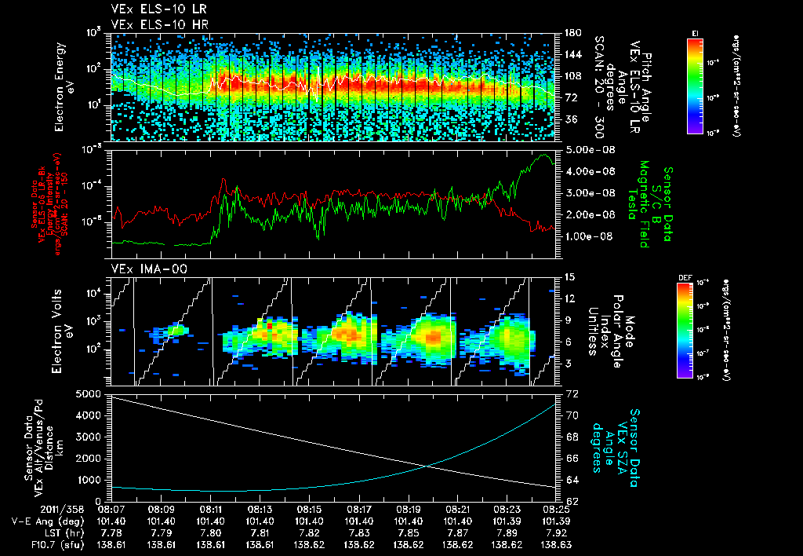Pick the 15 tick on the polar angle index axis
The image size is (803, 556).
569,277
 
